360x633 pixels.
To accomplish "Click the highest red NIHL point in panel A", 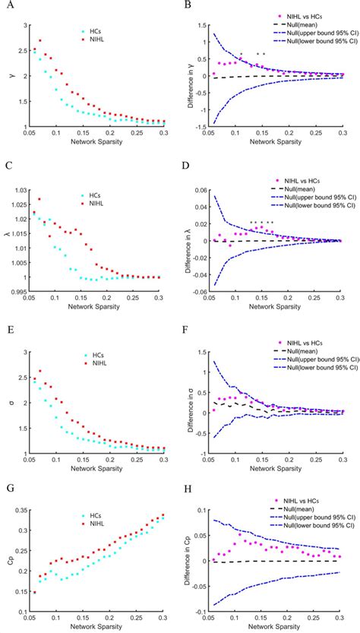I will [40, 41].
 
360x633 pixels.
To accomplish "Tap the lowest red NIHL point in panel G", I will [34, 593].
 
